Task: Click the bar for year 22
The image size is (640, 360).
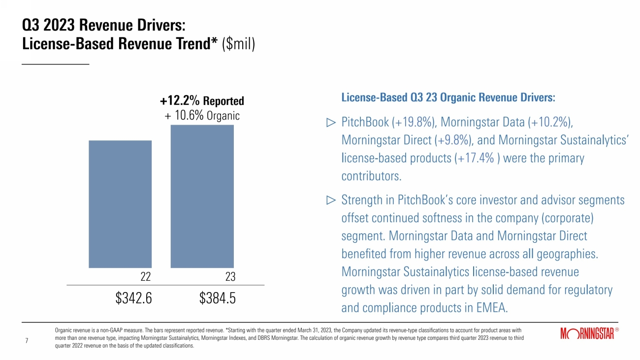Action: tap(120, 204)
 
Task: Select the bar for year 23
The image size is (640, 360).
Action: tap(202, 196)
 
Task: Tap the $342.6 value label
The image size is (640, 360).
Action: tap(133, 298)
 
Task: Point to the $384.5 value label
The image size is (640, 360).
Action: tap(218, 298)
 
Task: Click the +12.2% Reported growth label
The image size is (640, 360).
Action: tap(202, 101)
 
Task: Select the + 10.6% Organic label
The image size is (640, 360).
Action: tap(202, 116)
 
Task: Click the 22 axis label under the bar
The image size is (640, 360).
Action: tap(145, 277)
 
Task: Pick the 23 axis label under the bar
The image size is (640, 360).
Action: tap(230, 277)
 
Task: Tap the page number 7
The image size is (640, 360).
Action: tap(27, 340)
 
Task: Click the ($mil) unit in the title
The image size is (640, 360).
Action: tap(238, 44)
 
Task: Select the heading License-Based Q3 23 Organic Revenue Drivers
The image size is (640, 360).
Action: tap(448, 98)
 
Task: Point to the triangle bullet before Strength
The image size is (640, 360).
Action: tap(331, 200)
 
